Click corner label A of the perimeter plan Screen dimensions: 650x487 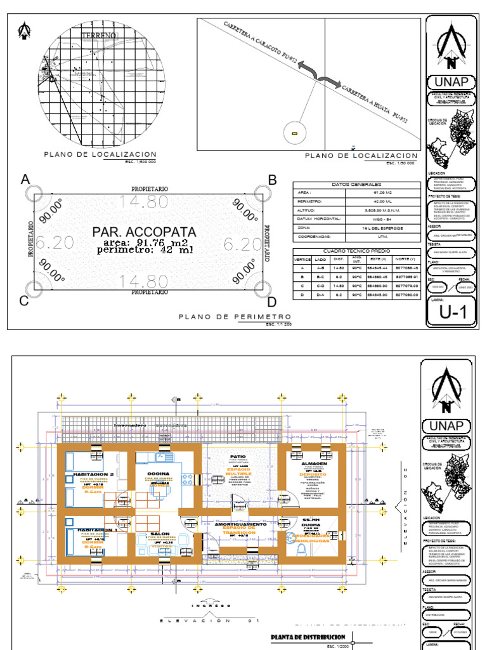click(x=26, y=180)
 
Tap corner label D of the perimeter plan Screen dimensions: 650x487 click(x=272, y=302)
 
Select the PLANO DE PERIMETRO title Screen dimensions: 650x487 click(x=235, y=316)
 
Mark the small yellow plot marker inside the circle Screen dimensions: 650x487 click(x=294, y=133)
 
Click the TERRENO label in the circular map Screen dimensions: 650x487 click(x=98, y=34)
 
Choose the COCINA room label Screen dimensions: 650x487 click(x=158, y=474)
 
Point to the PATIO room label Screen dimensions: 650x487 click(x=238, y=456)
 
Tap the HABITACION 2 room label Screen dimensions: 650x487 click(x=94, y=474)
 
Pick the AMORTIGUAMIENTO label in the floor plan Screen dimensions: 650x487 click(x=240, y=524)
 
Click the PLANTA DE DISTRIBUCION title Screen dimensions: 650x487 click(x=308, y=637)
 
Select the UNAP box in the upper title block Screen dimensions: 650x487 click(x=451, y=81)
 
